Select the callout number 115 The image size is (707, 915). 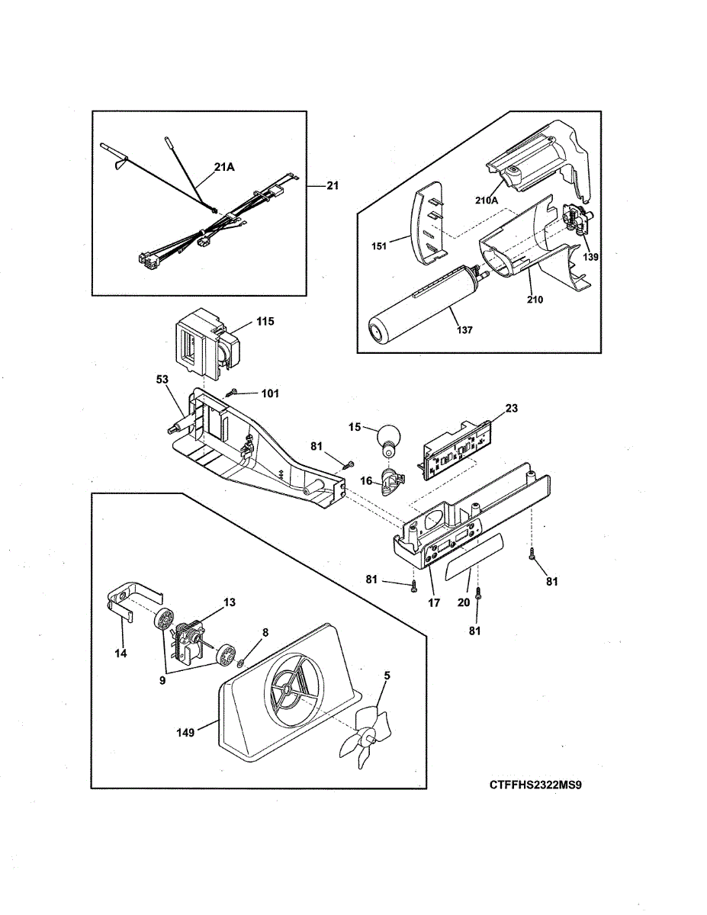265,322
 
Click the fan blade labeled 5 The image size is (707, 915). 365,735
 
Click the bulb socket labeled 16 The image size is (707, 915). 393,480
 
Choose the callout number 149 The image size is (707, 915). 185,732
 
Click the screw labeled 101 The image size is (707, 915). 233,393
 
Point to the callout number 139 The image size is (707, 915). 591,257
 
